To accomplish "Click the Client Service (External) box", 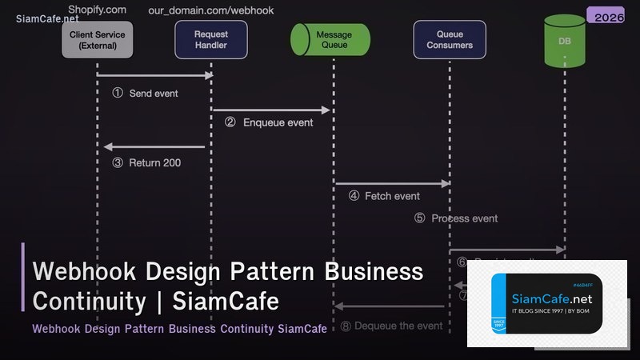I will point(97,40).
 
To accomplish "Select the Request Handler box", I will point(210,40).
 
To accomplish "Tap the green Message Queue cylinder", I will point(330,40).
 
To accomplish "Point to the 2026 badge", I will point(606,17).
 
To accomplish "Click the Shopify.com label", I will point(97,10).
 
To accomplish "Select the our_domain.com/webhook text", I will point(210,10).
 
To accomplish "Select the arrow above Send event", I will point(154,75).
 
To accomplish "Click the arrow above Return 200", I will point(154,146).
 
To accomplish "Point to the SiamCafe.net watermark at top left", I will point(47,18).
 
